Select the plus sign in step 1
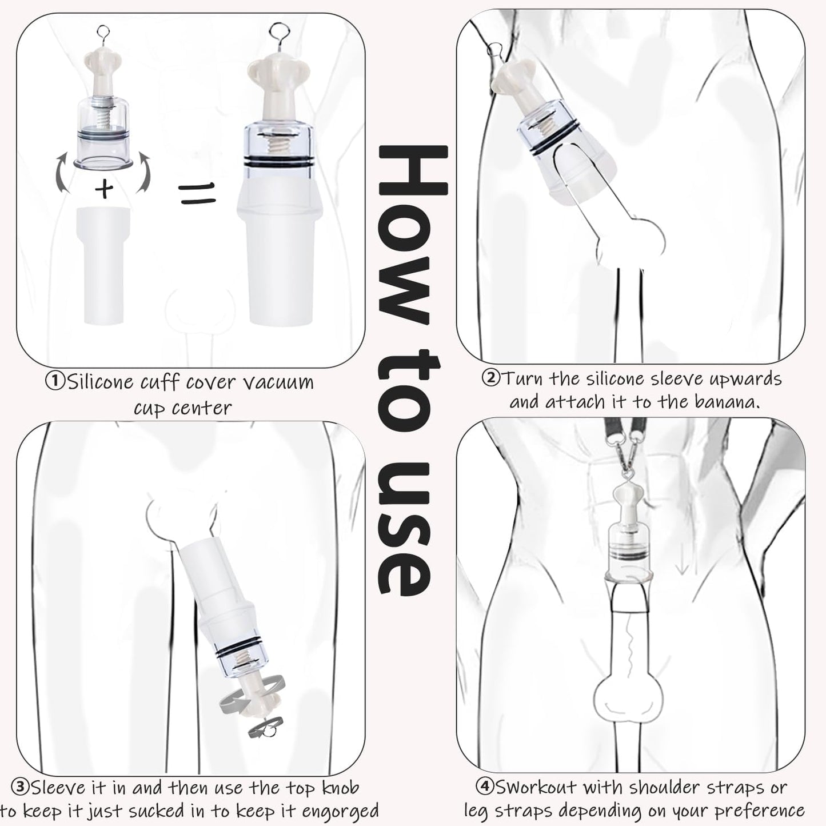point(104,188)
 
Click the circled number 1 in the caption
point(55,382)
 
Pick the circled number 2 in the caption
point(490,378)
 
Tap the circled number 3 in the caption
point(21,788)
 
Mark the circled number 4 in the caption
point(485,787)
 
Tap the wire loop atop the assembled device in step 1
point(281,31)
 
